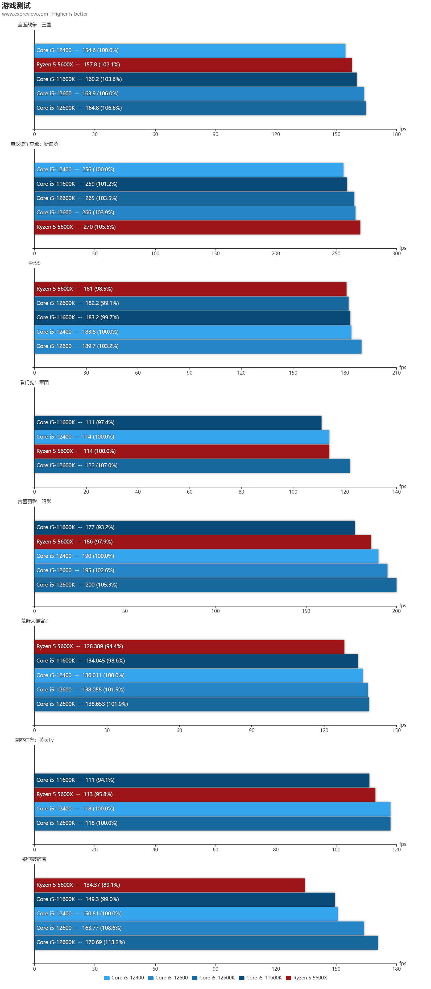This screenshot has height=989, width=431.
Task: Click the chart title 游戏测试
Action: (16, 5)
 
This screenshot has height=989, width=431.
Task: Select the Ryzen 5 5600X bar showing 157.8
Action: (193, 65)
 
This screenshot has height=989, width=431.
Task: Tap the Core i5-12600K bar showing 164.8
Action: (200, 108)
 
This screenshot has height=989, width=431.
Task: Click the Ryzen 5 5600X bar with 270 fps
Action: (197, 227)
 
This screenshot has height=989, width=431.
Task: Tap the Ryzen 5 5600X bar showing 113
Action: (205, 794)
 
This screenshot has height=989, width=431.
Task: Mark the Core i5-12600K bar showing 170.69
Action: (206, 943)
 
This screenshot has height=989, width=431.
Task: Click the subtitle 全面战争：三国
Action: (34, 24)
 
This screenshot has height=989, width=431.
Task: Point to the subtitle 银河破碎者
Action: (34, 859)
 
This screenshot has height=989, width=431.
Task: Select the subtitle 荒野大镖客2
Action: (34, 621)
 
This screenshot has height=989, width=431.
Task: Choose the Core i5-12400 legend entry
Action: (124, 978)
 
